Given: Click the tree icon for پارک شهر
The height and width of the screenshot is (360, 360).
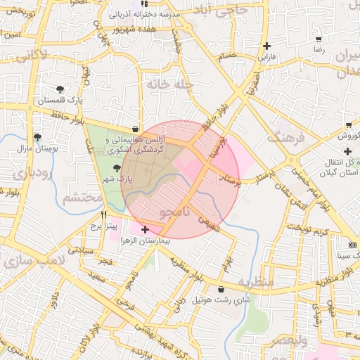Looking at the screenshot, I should coord(117,168).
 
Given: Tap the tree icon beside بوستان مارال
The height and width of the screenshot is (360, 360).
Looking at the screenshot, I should coord(37,137).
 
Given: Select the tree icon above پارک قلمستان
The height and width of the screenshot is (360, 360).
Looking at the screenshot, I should coord(60,89).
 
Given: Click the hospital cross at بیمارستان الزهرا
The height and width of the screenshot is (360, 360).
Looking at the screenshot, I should coord(145,229).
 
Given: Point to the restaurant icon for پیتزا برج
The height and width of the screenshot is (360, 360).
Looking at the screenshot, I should coord(104,215).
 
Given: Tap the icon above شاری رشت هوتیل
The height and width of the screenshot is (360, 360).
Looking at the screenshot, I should coord(221,289).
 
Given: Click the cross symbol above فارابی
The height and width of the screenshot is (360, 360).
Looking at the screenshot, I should coord(266,46).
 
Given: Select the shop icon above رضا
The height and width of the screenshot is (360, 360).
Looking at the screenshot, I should coord(319,39).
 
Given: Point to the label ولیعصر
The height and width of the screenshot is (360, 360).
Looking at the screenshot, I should coord(291,341).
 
